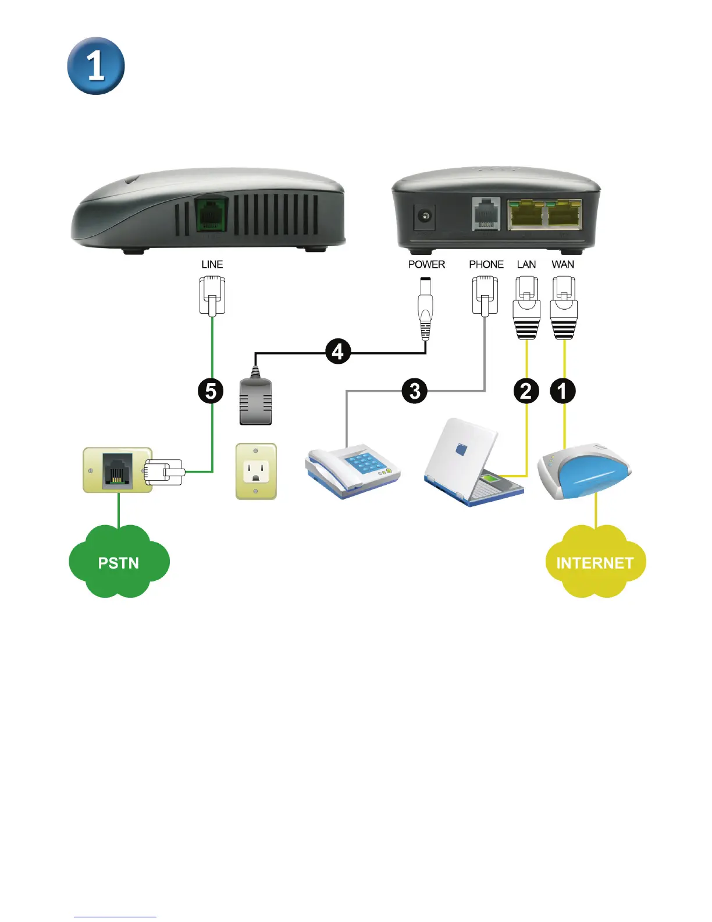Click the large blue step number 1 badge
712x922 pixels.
tap(96, 66)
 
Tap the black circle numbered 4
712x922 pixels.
tap(338, 352)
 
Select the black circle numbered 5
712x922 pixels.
tap(211, 391)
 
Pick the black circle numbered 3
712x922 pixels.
tap(414, 391)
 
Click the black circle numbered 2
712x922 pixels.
tap(526, 391)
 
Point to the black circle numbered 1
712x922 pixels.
tap(563, 391)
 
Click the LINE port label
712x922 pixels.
tap(212, 264)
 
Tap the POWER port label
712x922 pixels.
tap(426, 264)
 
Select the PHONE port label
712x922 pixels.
tap(486, 264)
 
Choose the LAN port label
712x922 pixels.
tap(526, 264)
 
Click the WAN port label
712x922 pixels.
tap(563, 264)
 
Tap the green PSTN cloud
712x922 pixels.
tap(119, 562)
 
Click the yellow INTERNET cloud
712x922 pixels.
tap(595, 562)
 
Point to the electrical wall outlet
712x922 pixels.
tap(256, 471)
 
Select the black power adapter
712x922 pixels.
tap(256, 400)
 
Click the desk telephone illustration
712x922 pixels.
tap(353, 470)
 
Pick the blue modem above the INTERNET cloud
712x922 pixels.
tap(584, 470)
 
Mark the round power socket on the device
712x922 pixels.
tap(425, 217)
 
